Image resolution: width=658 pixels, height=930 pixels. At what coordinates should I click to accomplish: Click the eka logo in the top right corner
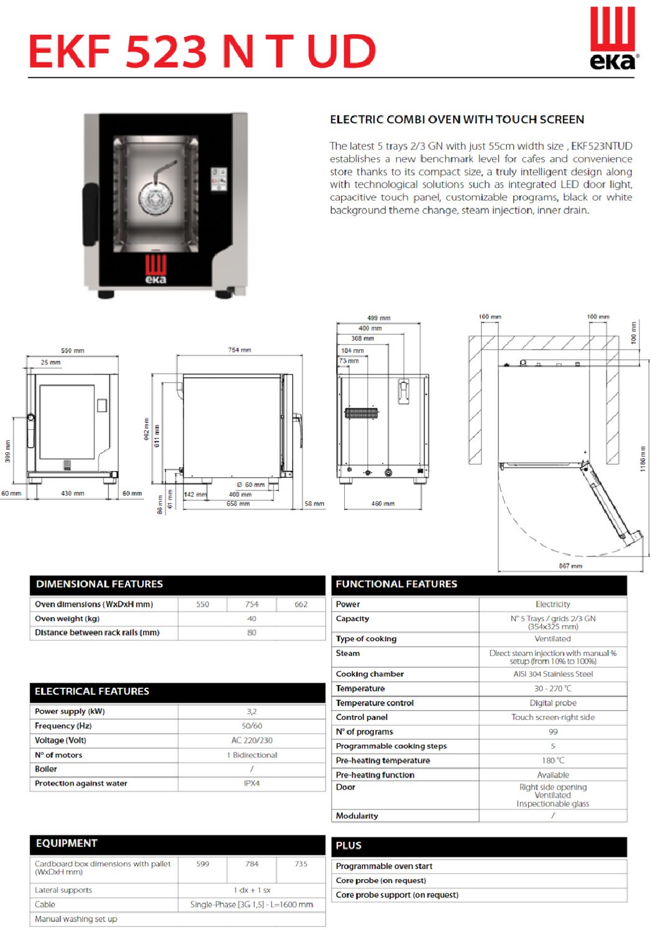(613, 38)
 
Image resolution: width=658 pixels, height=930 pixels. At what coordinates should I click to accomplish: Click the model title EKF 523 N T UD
(203, 52)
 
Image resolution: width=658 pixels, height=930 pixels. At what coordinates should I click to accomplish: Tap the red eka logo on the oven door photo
(155, 268)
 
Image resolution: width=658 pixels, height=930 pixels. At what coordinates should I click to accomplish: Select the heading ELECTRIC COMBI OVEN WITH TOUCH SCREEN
(457, 119)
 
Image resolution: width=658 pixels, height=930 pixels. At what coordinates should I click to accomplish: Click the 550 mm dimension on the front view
(73, 350)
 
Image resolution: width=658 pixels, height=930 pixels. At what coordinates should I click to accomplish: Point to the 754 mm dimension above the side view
(239, 350)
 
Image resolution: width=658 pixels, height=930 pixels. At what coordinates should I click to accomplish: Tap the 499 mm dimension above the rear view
(378, 317)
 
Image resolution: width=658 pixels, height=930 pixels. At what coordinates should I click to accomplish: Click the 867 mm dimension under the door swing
(570, 566)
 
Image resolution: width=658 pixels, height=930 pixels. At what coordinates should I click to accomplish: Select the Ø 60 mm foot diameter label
(250, 485)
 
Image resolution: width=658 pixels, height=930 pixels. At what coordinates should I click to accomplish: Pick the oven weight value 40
(252, 619)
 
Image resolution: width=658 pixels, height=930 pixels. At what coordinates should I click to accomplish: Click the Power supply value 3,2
(252, 711)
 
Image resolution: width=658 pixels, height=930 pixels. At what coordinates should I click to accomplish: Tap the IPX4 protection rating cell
(252, 783)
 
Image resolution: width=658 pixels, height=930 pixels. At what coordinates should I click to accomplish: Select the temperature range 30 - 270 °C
(552, 688)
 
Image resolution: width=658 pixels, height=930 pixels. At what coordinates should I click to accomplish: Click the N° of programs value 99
(552, 732)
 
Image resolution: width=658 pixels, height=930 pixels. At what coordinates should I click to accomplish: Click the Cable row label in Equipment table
(45, 905)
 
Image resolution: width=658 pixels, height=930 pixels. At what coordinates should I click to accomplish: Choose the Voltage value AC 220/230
(252, 741)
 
